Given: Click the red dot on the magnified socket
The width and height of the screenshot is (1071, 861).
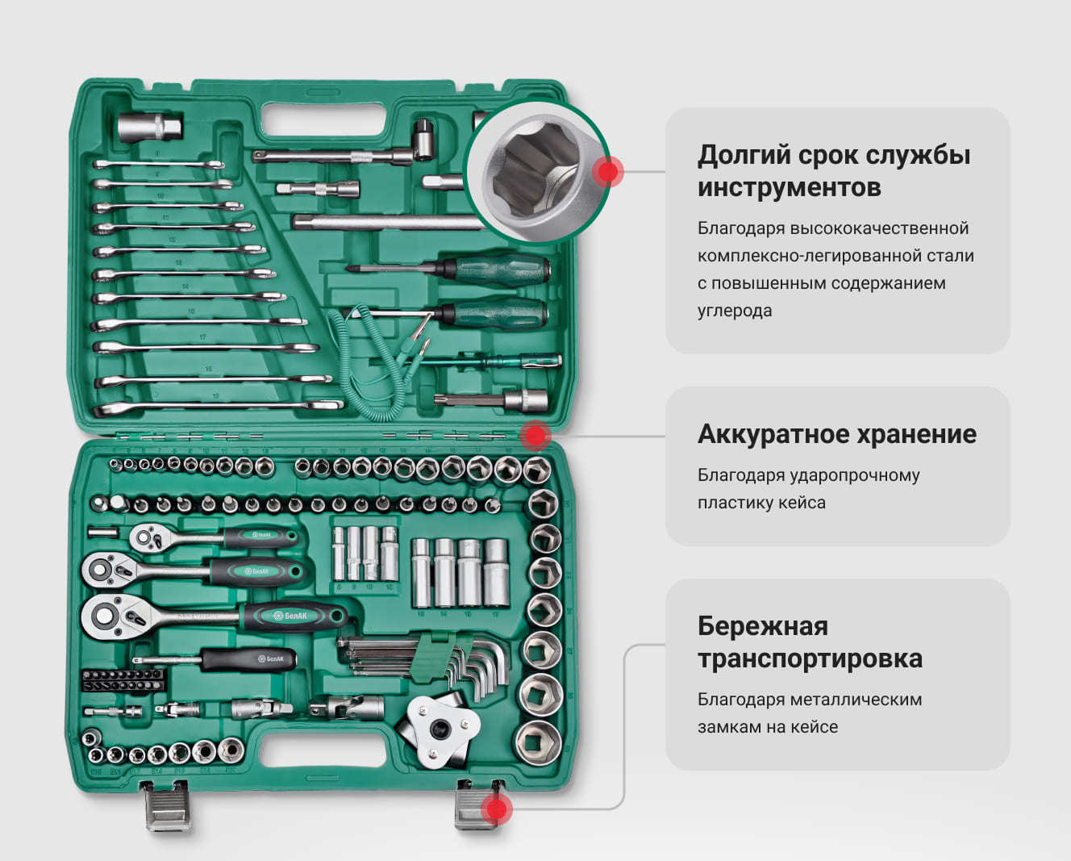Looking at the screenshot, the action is click(607, 172).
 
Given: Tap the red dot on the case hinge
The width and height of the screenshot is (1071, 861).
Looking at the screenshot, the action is click(535, 436).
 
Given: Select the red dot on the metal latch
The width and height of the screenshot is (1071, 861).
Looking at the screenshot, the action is click(496, 809).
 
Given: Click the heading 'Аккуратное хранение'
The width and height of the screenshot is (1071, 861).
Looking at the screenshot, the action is click(837, 434).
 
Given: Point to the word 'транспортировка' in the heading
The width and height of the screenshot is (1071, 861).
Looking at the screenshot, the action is click(810, 658).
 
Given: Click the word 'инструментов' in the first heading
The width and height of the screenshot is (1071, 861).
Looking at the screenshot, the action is click(790, 188).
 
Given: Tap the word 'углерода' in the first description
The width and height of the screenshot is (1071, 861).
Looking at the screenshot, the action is click(735, 311).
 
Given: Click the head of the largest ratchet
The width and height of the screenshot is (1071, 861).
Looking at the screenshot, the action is click(114, 617).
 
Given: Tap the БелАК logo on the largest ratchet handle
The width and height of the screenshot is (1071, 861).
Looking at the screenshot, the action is click(290, 616).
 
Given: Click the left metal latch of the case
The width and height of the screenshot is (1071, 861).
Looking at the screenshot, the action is click(166, 806).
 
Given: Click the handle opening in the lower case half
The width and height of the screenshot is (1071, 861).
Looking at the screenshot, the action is click(323, 751).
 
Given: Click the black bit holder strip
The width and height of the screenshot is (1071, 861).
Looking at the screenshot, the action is click(123, 680).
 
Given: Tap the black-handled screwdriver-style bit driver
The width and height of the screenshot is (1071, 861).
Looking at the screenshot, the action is click(216, 660).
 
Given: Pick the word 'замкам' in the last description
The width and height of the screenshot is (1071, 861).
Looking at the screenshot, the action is click(730, 727).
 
